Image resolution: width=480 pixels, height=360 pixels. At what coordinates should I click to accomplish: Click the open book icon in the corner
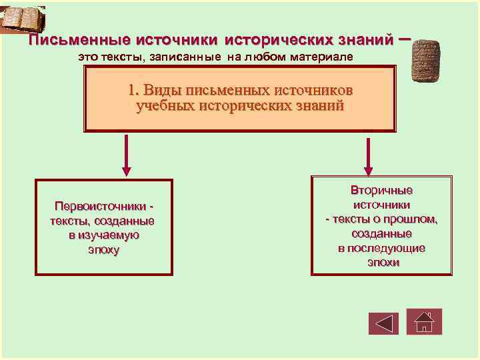(23, 19)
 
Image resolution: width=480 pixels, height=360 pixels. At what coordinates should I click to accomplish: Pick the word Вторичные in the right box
(382, 191)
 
